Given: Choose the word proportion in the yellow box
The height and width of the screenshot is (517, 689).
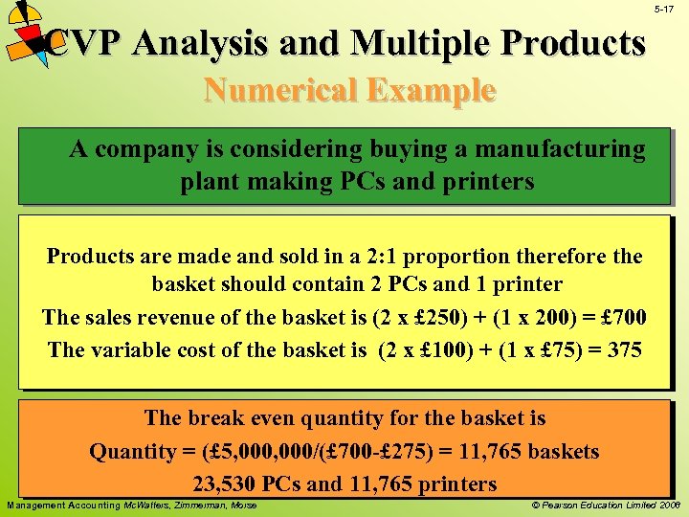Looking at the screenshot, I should pyautogui.click(x=465, y=257).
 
